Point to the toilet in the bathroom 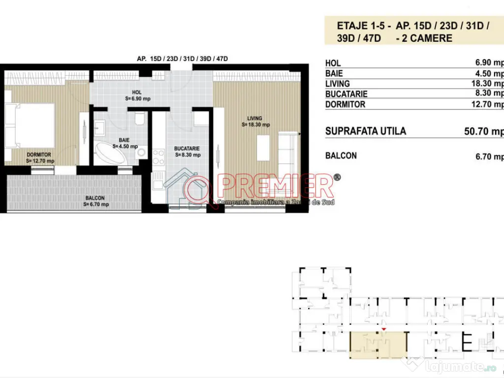click(139, 120)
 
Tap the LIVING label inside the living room click(255, 118)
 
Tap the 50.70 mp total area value click(484, 131)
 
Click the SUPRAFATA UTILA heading click(366, 131)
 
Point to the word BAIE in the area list click(334, 74)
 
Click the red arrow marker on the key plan click(384, 329)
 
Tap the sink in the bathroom click(99, 129)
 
